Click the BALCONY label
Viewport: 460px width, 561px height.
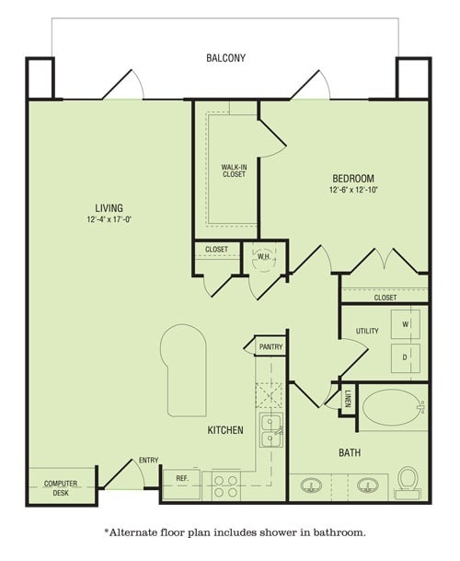(225, 58)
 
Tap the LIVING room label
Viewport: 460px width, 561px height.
(109, 208)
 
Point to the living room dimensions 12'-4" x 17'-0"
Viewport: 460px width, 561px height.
(109, 220)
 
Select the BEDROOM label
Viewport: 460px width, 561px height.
(353, 178)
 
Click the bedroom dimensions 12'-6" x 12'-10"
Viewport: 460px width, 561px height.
(353, 190)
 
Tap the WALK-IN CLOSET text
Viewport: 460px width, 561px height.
(234, 170)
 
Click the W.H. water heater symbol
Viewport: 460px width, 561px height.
(263, 257)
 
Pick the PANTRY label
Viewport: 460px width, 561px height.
(270, 346)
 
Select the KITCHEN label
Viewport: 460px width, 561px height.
(224, 429)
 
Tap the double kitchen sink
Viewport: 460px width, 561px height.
(270, 429)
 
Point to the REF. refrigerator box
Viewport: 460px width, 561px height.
(182, 480)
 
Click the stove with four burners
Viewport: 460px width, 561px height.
(225, 485)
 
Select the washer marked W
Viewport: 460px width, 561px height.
(405, 324)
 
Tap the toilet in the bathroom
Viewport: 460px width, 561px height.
(407, 482)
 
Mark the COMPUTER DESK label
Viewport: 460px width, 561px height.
(61, 487)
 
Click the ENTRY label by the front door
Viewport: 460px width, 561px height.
(148, 460)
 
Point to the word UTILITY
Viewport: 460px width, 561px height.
(367, 332)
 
